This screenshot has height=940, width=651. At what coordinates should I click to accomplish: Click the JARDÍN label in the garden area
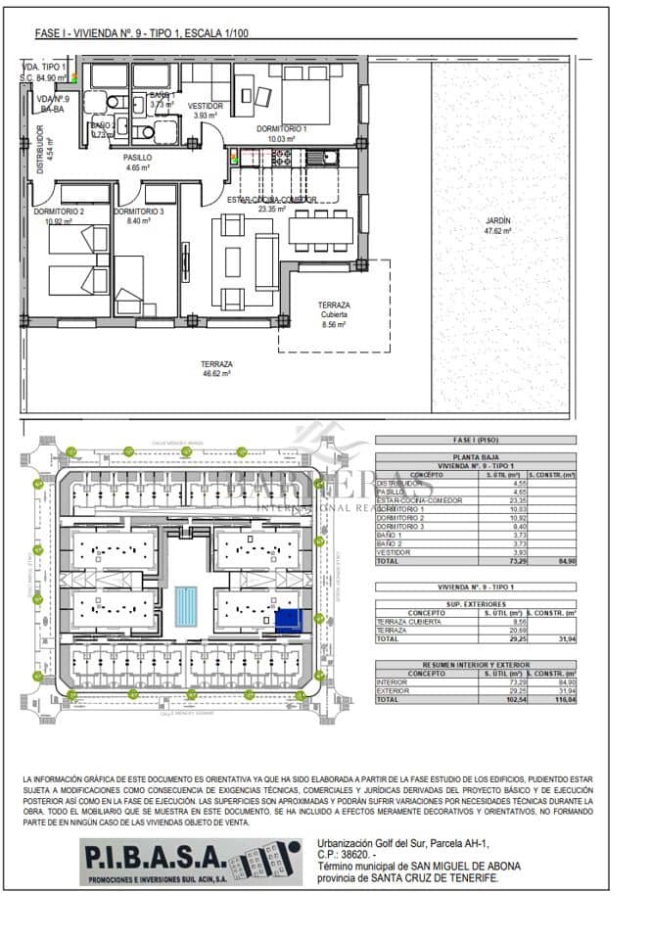click(x=497, y=221)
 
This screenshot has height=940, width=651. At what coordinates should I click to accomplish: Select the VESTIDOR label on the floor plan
click(x=205, y=106)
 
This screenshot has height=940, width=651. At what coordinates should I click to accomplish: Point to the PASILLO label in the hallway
click(x=137, y=158)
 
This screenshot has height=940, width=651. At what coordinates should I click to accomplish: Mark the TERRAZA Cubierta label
click(x=334, y=313)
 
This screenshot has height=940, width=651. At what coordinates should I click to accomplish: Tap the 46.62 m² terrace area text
click(x=215, y=373)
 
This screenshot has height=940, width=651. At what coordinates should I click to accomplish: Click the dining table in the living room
click(x=321, y=230)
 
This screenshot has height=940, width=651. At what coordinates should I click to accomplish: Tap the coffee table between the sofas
click(x=233, y=262)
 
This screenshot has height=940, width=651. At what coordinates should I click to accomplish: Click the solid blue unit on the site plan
click(x=288, y=619)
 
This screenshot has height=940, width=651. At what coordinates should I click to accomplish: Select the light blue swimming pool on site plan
click(x=185, y=607)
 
